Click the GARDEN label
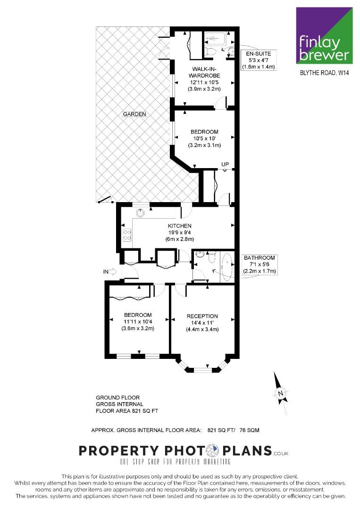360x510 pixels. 134,114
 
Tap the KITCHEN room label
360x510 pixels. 179,226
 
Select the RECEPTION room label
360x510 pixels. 202,316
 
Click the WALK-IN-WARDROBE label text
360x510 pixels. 204,72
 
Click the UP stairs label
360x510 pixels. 225,165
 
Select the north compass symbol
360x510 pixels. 280,393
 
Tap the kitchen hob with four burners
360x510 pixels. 127,235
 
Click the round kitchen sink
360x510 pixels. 140,212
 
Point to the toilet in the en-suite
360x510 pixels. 210,51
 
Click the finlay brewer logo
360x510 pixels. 324,35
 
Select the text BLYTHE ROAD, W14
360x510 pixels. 324,73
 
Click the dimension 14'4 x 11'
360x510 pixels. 202,323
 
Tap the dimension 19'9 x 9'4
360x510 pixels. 179,232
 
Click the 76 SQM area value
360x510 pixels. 249,430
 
